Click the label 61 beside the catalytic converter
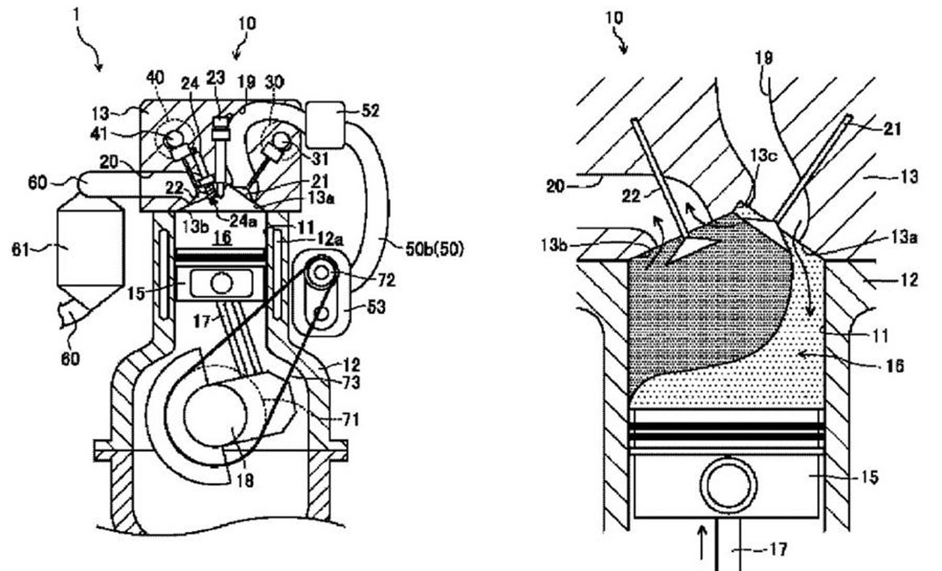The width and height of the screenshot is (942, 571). [x=21, y=250]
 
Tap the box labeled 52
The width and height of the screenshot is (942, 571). [x=326, y=125]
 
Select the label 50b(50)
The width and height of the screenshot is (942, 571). [x=434, y=249]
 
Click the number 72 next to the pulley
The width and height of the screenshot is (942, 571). [x=386, y=280]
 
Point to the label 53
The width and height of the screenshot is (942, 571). [x=376, y=307]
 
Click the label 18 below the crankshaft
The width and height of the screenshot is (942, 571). [x=244, y=480]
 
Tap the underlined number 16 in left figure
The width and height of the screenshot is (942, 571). [x=222, y=238]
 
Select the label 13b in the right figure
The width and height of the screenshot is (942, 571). [x=554, y=245]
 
